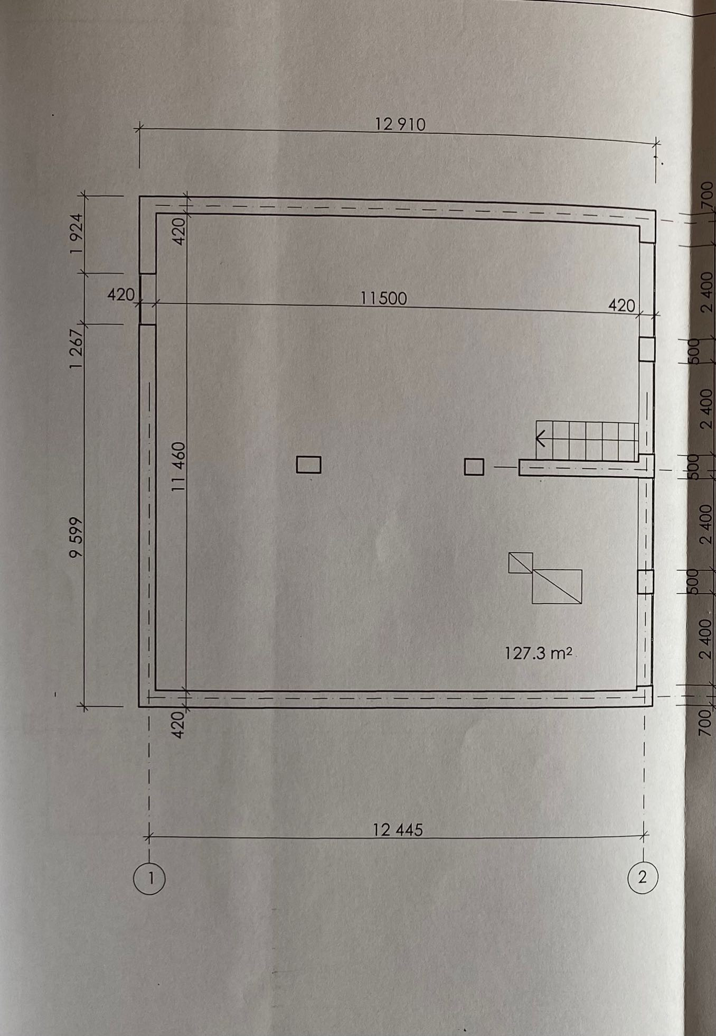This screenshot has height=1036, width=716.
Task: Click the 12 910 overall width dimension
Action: [400, 125]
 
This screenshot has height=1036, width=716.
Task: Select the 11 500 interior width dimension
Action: [384, 299]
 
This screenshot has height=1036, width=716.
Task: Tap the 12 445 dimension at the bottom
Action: [398, 830]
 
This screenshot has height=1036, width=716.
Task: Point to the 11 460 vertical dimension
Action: [180, 467]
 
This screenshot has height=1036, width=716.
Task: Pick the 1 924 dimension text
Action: [77, 234]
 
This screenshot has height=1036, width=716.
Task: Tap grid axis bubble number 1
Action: [150, 878]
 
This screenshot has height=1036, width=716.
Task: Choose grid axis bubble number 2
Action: [643, 877]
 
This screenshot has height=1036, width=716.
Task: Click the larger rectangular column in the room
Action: [308, 465]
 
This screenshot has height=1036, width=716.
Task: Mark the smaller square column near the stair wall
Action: [474, 467]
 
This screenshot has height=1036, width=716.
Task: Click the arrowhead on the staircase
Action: [540, 439]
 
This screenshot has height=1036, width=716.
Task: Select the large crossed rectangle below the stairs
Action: [557, 587]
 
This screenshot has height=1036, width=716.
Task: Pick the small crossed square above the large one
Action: [521, 562]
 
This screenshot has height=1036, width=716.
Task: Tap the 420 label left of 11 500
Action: [121, 294]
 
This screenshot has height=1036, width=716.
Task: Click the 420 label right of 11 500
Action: [621, 306]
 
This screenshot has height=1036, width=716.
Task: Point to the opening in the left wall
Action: [148, 299]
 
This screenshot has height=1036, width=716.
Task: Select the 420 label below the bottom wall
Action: [178, 725]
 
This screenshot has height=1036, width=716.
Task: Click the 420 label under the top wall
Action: [180, 231]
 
